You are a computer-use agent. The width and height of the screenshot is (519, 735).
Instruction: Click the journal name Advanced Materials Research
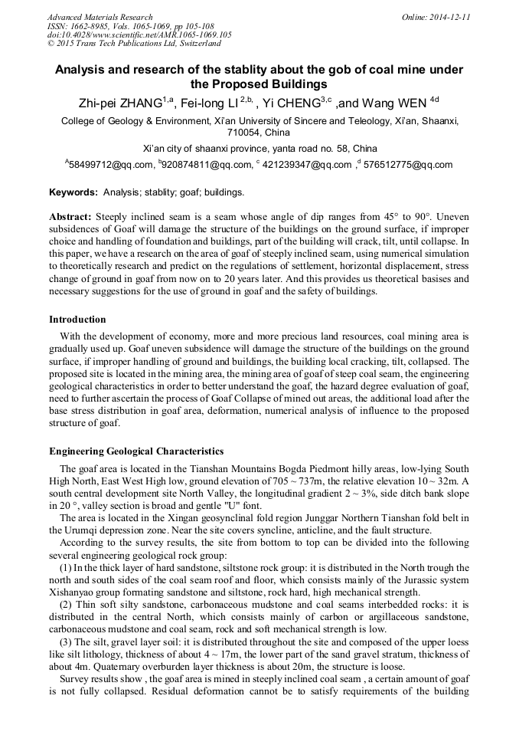pos(100,17)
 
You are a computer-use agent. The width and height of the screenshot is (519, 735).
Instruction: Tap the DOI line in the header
pos(139,35)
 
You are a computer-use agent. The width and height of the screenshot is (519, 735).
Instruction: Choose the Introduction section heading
pos(77,320)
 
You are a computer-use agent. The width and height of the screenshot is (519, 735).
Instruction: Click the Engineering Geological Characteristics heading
pos(136,451)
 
